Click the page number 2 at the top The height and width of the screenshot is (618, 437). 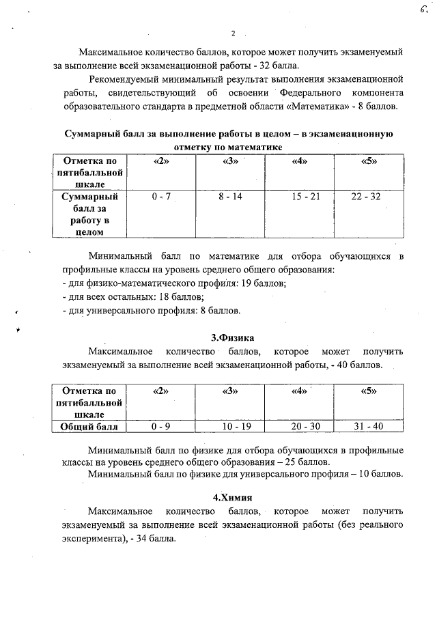[x=233, y=33]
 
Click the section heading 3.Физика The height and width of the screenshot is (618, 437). [x=233, y=337]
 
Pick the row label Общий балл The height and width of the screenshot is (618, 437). [x=89, y=427]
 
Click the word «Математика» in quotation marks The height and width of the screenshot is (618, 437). [x=324, y=107]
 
